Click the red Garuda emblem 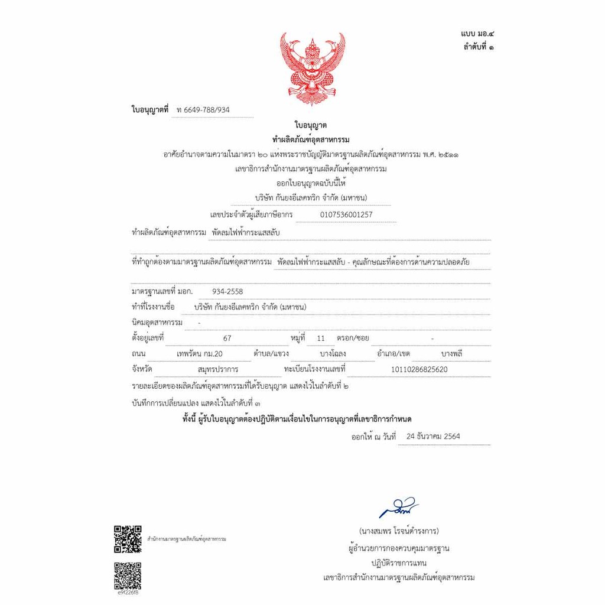(x=312, y=67)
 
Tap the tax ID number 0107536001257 (x=346, y=214)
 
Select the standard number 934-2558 (x=227, y=291)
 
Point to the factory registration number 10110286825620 (x=419, y=369)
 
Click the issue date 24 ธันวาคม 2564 (x=433, y=437)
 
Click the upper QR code (x=127, y=538)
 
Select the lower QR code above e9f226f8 (x=127, y=575)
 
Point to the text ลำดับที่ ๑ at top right (x=479, y=47)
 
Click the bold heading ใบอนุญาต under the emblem (x=311, y=125)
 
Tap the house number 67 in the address (x=227, y=339)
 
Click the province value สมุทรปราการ (x=218, y=369)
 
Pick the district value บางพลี (x=451, y=354)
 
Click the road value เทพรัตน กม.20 (x=206, y=354)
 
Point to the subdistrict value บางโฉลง (x=333, y=354)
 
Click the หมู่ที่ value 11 (x=321, y=339)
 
